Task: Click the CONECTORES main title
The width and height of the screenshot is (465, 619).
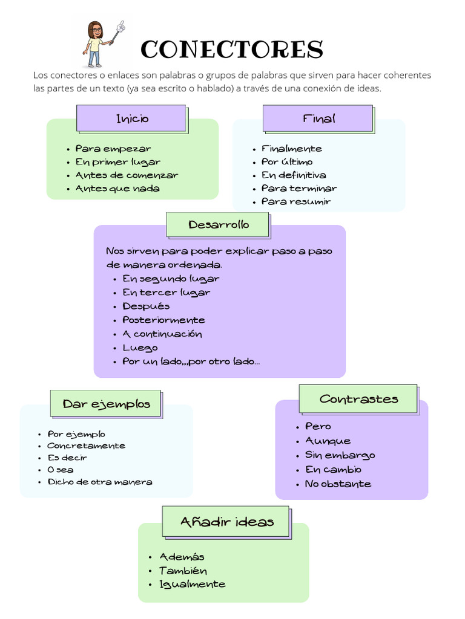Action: [x=232, y=50]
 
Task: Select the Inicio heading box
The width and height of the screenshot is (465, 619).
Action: [x=131, y=118]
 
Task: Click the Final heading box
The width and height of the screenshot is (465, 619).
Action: [x=318, y=118]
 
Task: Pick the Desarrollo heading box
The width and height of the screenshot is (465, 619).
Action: [x=218, y=225]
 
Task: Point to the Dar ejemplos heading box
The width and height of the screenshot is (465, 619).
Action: [x=106, y=404]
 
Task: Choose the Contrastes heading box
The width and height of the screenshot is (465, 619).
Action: [x=358, y=399]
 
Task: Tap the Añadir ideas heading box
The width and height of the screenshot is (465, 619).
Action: [x=226, y=522]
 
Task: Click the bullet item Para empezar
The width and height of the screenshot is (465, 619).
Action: [x=113, y=149]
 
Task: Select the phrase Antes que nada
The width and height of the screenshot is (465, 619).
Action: [x=117, y=189]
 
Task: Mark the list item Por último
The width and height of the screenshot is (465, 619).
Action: [x=287, y=162]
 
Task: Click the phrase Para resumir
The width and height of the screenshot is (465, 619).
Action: [x=296, y=202]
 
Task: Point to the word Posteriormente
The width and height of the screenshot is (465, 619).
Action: [x=163, y=320]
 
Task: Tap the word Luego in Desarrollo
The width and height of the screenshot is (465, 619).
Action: [x=140, y=348]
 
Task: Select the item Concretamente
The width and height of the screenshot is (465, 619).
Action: [x=86, y=446]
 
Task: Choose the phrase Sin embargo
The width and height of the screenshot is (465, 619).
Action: [x=340, y=455]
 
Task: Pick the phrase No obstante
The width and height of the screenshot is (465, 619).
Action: [x=338, y=484]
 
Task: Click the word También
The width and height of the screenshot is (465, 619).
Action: [x=183, y=571]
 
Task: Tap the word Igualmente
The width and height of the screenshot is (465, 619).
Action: [x=192, y=584]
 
